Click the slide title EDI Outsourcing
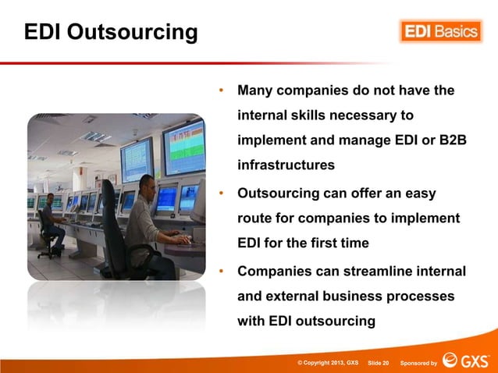click(x=110, y=33)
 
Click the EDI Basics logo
click(x=441, y=32)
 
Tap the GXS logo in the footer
click(x=466, y=361)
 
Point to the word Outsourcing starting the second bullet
click(x=277, y=193)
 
